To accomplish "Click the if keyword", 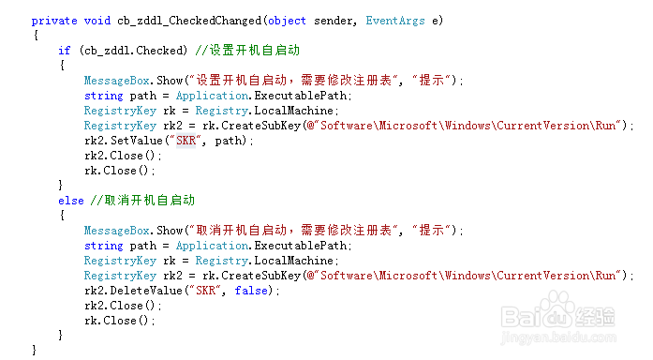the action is pos(64,50).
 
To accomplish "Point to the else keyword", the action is pos(70,200).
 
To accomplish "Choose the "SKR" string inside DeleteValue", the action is pos(208,290).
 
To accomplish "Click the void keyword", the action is pos(96,20).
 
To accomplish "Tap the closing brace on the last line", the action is pos(35,349).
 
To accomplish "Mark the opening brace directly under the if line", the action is pos(61,65).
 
